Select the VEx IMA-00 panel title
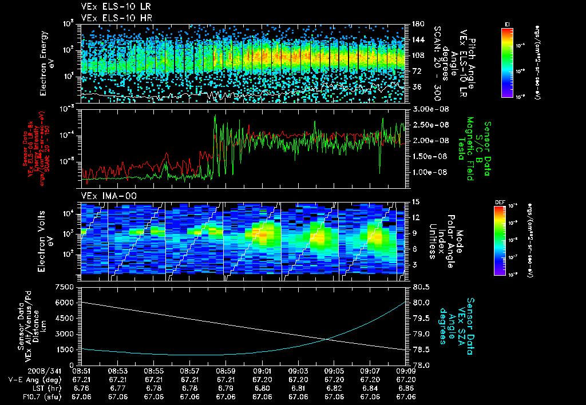(104, 196)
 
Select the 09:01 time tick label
(262, 371)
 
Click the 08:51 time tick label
(82, 371)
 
